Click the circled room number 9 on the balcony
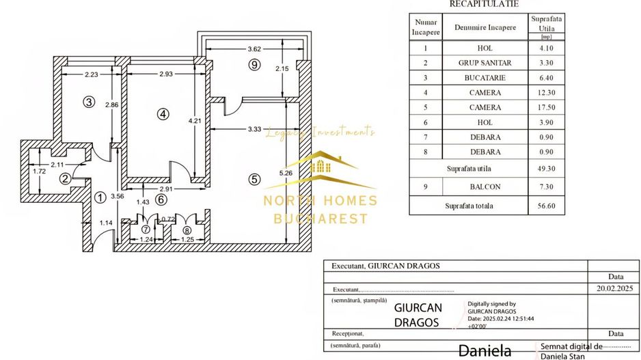tap(254, 65)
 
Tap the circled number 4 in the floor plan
tap(162, 115)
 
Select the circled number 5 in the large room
tap(254, 180)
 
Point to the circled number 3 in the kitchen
tap(87, 102)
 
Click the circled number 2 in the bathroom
tap(65, 179)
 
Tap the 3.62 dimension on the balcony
tap(254, 49)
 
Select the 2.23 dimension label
tap(86, 74)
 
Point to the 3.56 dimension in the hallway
tap(118, 196)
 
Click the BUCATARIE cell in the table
tap(485, 78)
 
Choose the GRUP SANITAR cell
tap(485, 63)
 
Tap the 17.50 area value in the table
tap(546, 108)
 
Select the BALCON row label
tap(485, 186)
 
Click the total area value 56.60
tap(546, 205)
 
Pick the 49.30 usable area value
tap(546, 168)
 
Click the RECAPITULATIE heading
tap(483, 4)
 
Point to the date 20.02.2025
tap(615, 289)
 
